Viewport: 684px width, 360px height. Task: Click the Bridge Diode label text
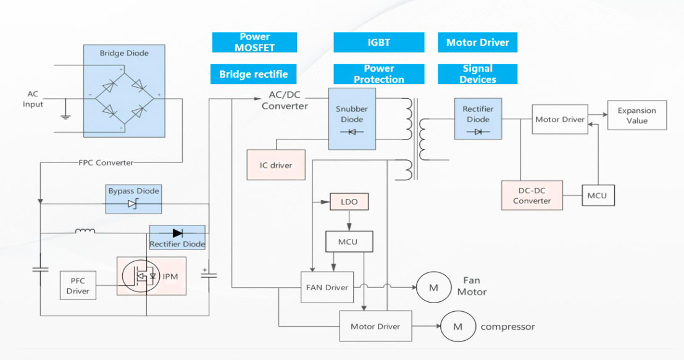[x=124, y=54]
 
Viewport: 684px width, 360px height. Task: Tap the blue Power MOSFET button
[x=254, y=43]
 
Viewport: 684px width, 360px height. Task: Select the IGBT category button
[x=378, y=43]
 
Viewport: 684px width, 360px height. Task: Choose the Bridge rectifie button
[x=253, y=75]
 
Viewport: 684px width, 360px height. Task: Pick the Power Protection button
[x=378, y=74]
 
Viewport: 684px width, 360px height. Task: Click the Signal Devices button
[x=477, y=74]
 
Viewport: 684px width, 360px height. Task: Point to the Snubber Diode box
[x=351, y=118]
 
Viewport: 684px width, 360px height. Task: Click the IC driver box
[x=276, y=165]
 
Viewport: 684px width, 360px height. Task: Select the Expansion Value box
[x=636, y=115]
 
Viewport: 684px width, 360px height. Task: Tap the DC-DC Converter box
[x=532, y=195]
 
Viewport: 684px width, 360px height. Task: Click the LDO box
[x=349, y=202]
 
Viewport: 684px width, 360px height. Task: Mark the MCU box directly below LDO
[x=349, y=241]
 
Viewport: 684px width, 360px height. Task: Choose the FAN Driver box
[x=327, y=287]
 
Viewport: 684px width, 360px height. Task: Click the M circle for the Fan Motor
[x=433, y=287]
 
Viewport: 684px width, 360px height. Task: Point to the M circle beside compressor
[x=458, y=327]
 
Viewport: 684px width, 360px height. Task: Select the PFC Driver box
[x=78, y=286]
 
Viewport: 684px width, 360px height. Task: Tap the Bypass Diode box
[x=133, y=198]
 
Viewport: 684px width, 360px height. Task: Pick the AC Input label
[x=33, y=99]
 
